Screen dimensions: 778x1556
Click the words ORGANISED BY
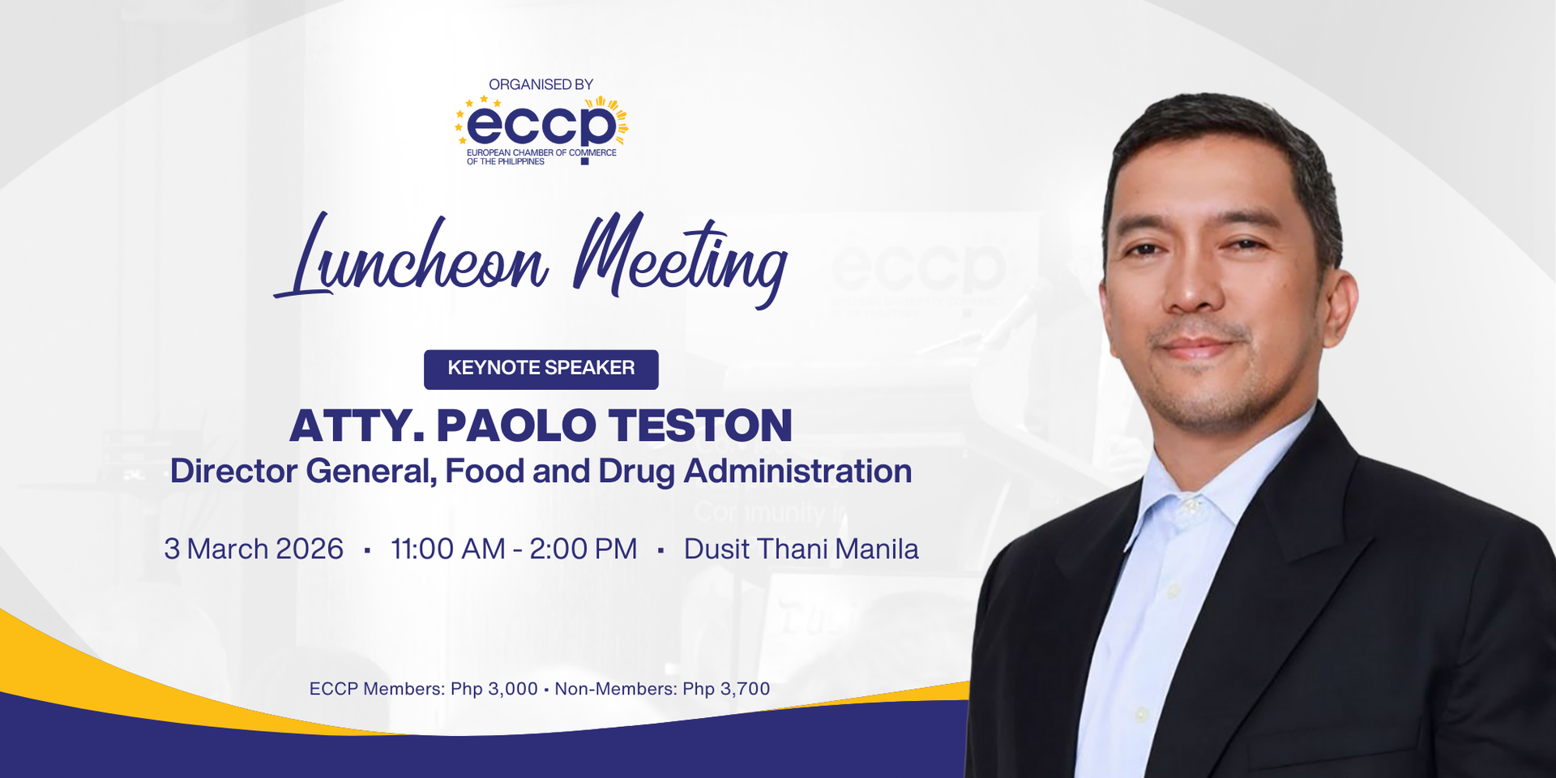541,84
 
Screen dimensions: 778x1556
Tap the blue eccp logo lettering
541,126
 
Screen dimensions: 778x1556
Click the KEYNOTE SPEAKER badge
541,369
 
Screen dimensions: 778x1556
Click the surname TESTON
700,426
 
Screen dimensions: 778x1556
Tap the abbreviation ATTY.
357,426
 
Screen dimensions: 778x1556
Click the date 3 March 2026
254,549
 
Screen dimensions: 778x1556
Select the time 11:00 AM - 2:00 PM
514,549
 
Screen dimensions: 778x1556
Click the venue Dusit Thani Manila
801,549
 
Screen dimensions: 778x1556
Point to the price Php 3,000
494,689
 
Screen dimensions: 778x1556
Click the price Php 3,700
726,689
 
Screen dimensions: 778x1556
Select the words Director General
302,472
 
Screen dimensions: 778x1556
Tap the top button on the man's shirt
1191,506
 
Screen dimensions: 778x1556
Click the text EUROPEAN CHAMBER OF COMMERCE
541,152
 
